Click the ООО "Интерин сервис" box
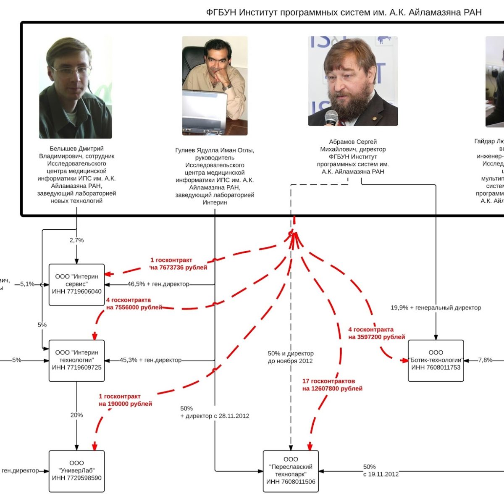[76, 284]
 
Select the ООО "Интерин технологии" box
[76, 360]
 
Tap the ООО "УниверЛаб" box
[76, 471]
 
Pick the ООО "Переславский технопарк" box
[291, 471]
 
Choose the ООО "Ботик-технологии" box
[436, 360]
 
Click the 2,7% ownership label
[76, 240]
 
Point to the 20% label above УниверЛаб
[76, 415]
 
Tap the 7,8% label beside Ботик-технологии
[485, 360]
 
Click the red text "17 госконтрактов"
[328, 381]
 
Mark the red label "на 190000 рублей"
[126, 404]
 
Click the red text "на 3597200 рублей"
[377, 337]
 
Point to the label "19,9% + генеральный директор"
[436, 307]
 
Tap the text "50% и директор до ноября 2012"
[291, 357]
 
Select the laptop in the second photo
[205, 111]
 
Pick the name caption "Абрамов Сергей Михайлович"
[353, 145]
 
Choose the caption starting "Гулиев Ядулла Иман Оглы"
[215, 150]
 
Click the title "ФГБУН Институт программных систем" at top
[344, 12]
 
